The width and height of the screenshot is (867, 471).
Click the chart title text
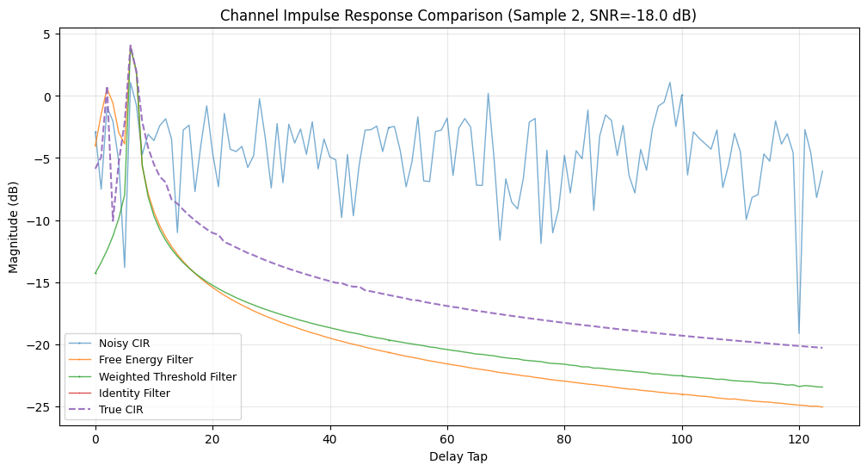[x=458, y=15]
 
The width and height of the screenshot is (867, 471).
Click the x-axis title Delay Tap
[x=458, y=457]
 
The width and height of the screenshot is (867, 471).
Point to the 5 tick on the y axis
[x=47, y=34]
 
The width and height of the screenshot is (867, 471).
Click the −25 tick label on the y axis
[x=41, y=407]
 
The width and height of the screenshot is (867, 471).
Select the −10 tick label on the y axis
[x=41, y=221]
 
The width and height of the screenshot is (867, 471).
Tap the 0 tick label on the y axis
[x=47, y=96]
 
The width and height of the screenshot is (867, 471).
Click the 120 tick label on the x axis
[x=799, y=440]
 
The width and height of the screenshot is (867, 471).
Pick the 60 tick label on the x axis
[x=447, y=440]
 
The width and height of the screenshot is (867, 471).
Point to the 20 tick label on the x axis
[x=212, y=440]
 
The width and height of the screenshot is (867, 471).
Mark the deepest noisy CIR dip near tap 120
[x=799, y=333]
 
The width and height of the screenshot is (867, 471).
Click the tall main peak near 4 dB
[x=130, y=46]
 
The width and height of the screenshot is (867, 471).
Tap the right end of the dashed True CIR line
[x=822, y=348]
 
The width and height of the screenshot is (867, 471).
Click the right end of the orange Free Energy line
[x=822, y=407]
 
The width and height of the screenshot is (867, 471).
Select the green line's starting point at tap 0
[x=95, y=273]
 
